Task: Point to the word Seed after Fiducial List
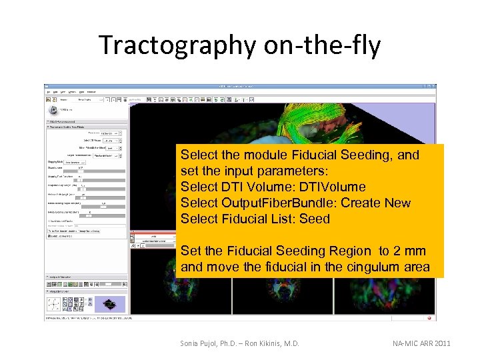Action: [314, 219]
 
